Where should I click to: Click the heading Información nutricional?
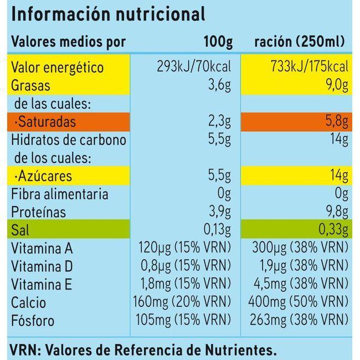click(x=108, y=14)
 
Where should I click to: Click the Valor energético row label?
click(x=58, y=68)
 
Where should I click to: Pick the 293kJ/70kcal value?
click(x=194, y=68)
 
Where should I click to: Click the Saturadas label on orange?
click(x=45, y=121)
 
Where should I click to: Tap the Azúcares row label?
click(x=44, y=176)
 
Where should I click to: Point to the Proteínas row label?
click(x=39, y=212)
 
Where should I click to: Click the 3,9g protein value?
click(x=220, y=212)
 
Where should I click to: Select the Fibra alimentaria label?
click(x=60, y=194)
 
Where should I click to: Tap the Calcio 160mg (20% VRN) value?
click(x=182, y=302)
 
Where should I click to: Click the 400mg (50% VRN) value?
click(x=294, y=302)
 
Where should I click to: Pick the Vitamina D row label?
click(x=42, y=266)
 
